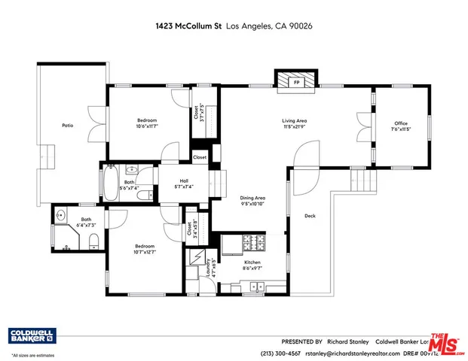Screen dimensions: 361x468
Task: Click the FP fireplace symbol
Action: [x=296, y=81]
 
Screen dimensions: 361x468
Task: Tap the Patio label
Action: [x=67, y=126]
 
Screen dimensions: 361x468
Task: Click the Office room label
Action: [x=401, y=123]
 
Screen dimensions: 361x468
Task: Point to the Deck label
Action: [x=310, y=216]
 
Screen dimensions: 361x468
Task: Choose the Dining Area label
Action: [x=252, y=197]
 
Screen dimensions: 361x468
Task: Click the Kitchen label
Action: [x=252, y=262]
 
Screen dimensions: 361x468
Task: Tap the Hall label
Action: [x=184, y=181]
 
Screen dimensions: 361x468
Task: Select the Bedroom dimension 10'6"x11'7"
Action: [x=147, y=126]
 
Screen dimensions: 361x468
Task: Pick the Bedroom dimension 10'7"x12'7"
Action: [x=145, y=252]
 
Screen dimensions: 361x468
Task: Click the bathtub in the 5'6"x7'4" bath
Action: [x=107, y=182]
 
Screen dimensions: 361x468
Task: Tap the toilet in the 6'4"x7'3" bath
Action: [x=93, y=241]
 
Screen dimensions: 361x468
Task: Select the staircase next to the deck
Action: [x=364, y=180]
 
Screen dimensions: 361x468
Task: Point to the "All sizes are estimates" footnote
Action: [x=33, y=354]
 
